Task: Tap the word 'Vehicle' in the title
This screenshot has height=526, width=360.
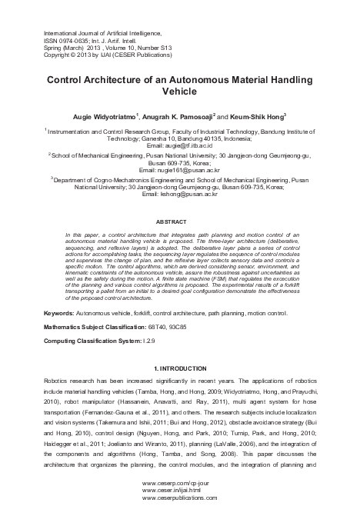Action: pyautogui.click(x=179, y=90)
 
